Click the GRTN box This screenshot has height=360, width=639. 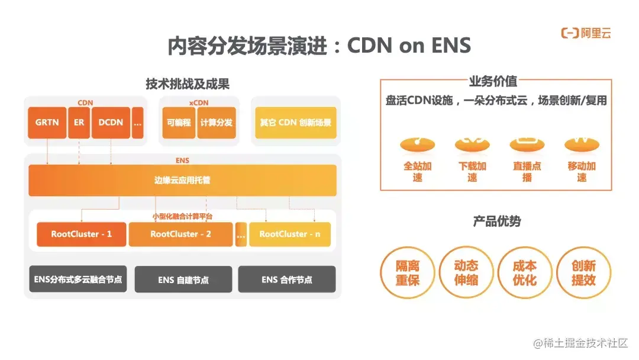[x=47, y=123]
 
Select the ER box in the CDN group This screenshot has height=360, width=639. [x=79, y=123]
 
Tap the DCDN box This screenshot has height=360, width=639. [x=111, y=123]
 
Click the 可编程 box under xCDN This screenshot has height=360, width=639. [x=179, y=123]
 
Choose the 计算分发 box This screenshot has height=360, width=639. [x=216, y=123]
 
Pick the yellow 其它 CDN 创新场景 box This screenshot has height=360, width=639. [x=295, y=123]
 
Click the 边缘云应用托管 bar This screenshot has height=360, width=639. [x=182, y=180]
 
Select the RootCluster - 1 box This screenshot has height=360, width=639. [x=81, y=234]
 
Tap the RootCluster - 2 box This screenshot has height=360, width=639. [x=180, y=234]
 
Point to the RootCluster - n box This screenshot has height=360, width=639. [x=289, y=234]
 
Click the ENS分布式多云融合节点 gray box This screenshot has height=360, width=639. [x=78, y=279]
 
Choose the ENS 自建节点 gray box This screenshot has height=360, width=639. [x=183, y=279]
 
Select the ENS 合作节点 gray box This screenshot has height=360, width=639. [x=287, y=279]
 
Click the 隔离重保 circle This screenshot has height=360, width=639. [x=408, y=272]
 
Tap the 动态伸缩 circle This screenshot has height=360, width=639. [x=466, y=272]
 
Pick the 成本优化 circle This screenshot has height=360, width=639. [x=525, y=272]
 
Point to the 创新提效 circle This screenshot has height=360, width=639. [x=583, y=272]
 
